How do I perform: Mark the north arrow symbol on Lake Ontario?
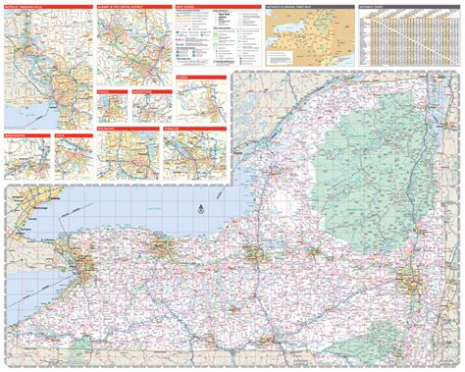(x=199, y=208)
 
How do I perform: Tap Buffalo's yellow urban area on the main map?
(x=87, y=263)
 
